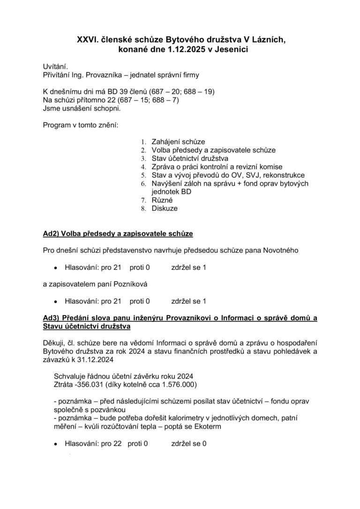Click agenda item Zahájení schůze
click(178, 142)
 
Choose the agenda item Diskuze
click(165, 209)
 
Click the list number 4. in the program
click(144, 167)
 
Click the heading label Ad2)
click(50, 233)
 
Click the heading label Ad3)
click(50, 318)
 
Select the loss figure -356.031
click(89, 385)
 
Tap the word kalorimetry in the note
click(189, 418)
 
